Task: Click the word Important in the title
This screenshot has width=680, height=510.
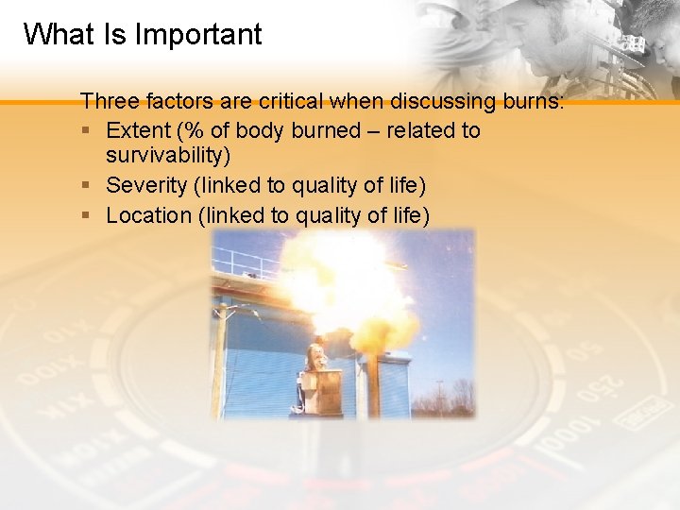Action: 198,35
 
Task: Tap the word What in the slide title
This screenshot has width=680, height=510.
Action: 59,35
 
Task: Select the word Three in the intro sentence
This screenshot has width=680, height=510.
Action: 107,101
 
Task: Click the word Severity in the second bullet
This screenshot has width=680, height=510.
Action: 144,186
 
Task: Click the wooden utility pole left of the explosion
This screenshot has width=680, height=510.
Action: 221,359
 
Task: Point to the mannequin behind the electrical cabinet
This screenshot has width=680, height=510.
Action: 315,359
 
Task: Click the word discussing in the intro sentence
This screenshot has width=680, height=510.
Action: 425,101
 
